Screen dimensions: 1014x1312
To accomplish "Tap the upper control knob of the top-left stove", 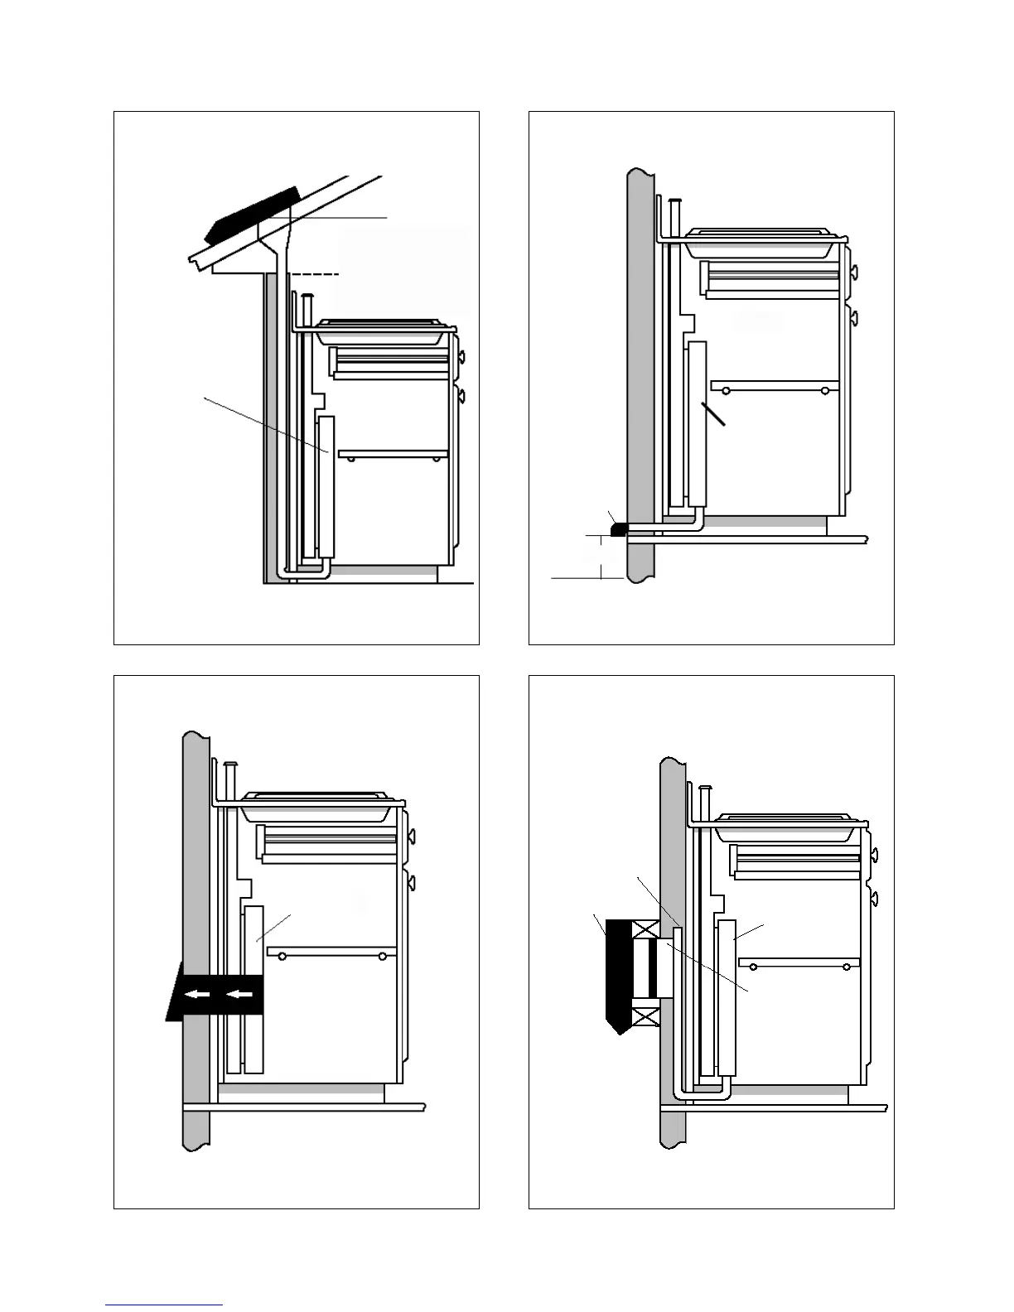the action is point(461,358).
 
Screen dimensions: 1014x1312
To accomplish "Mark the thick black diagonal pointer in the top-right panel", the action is point(713,415).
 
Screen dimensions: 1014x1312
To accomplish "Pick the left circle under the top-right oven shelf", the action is point(727,390).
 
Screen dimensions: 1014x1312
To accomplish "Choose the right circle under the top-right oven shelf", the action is point(825,390).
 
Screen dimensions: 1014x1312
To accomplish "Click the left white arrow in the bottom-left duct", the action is point(196,994).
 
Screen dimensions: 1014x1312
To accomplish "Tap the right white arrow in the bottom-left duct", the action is point(240,994).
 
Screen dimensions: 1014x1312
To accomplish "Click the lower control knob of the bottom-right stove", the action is point(875,898).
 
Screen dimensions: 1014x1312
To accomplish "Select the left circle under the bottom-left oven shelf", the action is point(283,957).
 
